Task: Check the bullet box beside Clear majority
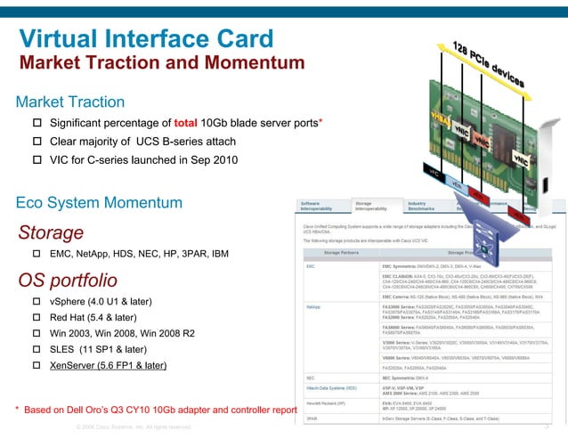(x=37, y=142)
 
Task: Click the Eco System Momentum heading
(x=99, y=202)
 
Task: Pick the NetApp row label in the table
(x=313, y=305)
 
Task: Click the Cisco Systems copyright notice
(x=134, y=427)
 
